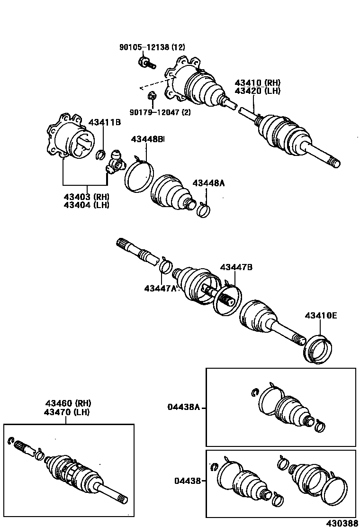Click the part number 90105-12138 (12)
pyautogui.click(x=152, y=47)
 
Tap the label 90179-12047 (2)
pyautogui.click(x=159, y=112)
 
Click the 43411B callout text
pyautogui.click(x=106, y=123)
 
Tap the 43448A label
pyautogui.click(x=208, y=183)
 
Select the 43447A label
pyautogui.click(x=160, y=288)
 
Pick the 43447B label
pyautogui.click(x=235, y=267)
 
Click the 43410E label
pyautogui.click(x=321, y=315)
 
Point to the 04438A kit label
pyautogui.click(x=184, y=407)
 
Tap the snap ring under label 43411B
pyautogui.click(x=100, y=154)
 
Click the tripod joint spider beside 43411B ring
pyautogui.click(x=115, y=161)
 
